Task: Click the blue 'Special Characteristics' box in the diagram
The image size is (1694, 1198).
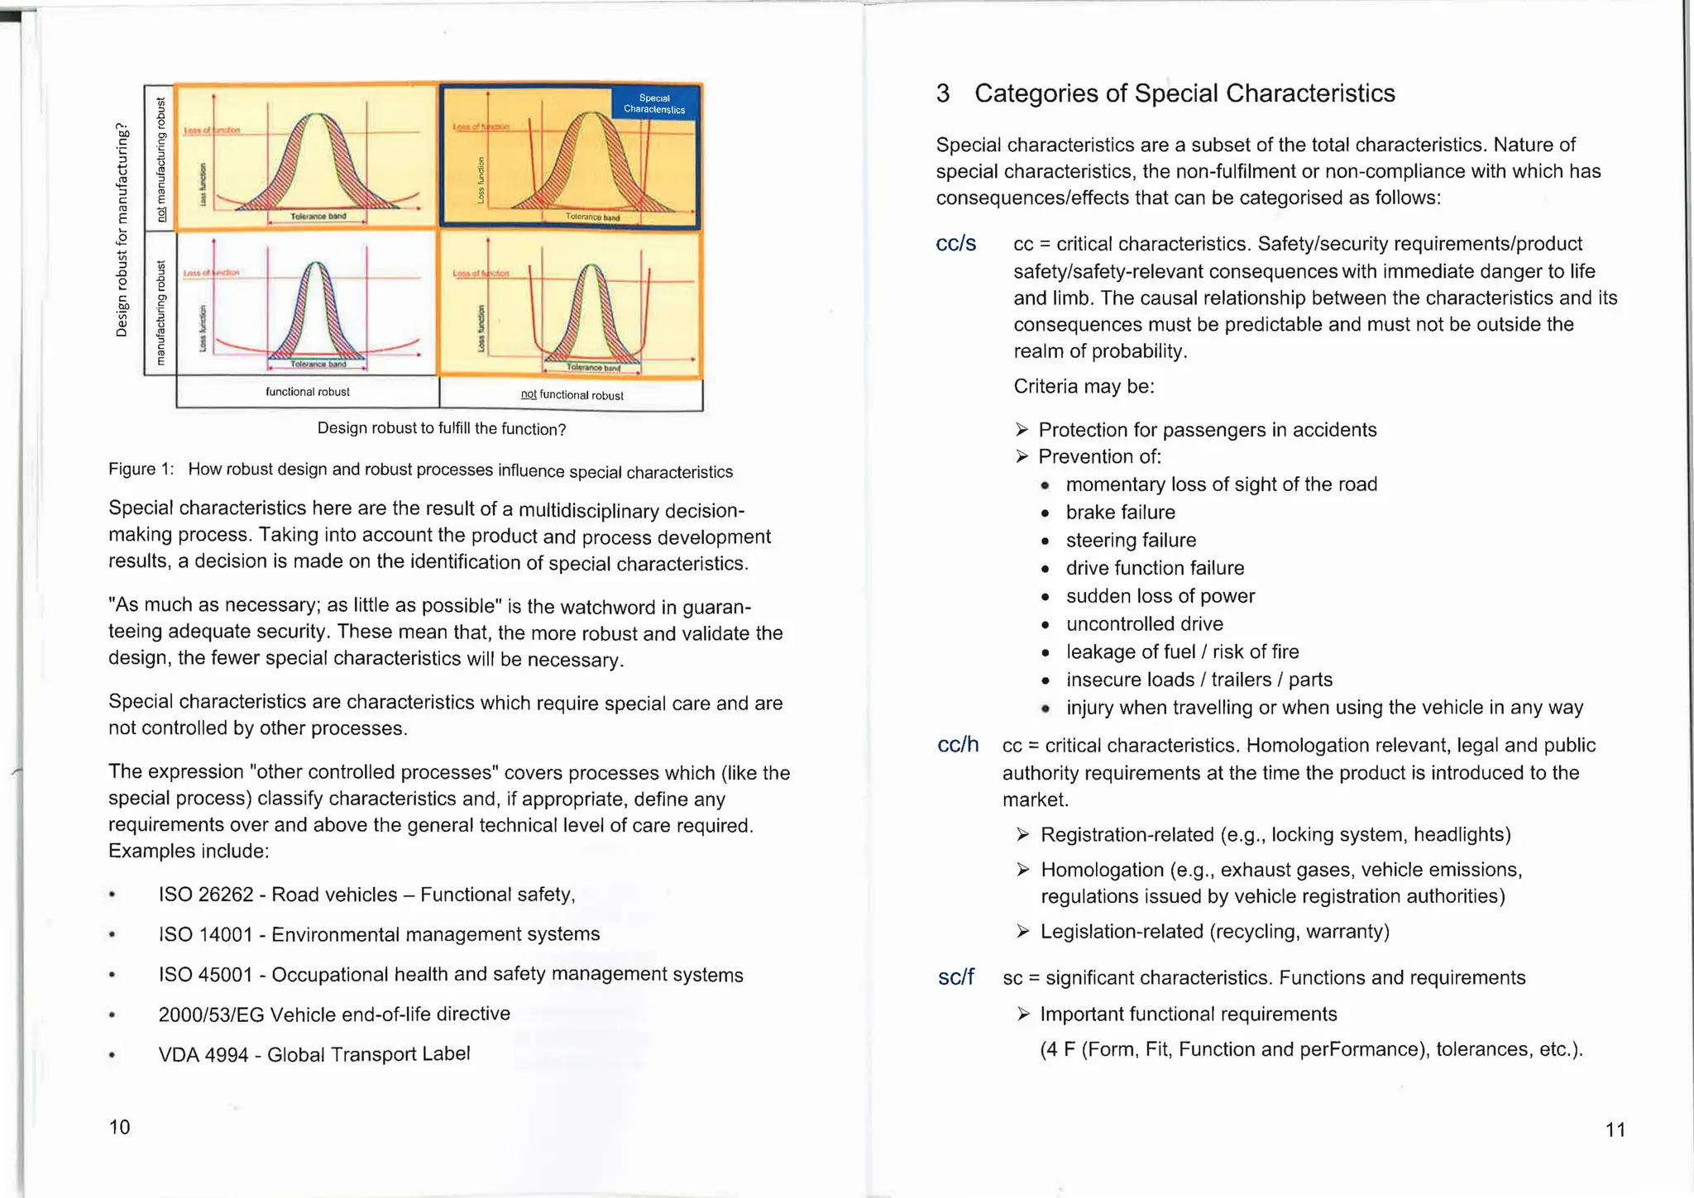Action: tap(654, 103)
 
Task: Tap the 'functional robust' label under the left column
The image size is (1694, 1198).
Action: tap(308, 392)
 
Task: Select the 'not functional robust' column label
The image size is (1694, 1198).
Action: tap(572, 395)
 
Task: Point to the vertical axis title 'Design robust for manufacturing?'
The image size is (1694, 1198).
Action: tap(122, 230)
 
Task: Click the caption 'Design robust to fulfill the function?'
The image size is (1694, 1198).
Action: tap(442, 429)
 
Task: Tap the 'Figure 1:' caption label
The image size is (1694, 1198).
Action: tap(141, 469)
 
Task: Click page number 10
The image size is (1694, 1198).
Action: tap(120, 1127)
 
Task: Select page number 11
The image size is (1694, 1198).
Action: tap(1615, 1129)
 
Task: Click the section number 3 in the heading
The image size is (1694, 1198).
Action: tap(943, 93)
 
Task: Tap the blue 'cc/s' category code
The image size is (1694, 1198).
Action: tap(956, 244)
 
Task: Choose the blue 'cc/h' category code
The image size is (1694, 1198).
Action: tap(958, 745)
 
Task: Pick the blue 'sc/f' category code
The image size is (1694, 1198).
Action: tap(956, 977)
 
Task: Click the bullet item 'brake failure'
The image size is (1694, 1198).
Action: tap(1120, 513)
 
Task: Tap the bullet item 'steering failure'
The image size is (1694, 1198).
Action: tap(1131, 541)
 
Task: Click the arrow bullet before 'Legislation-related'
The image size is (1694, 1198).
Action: tap(1023, 932)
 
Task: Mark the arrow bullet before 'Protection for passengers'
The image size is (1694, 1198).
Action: tap(1022, 430)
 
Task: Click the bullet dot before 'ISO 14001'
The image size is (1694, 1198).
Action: tap(112, 935)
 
